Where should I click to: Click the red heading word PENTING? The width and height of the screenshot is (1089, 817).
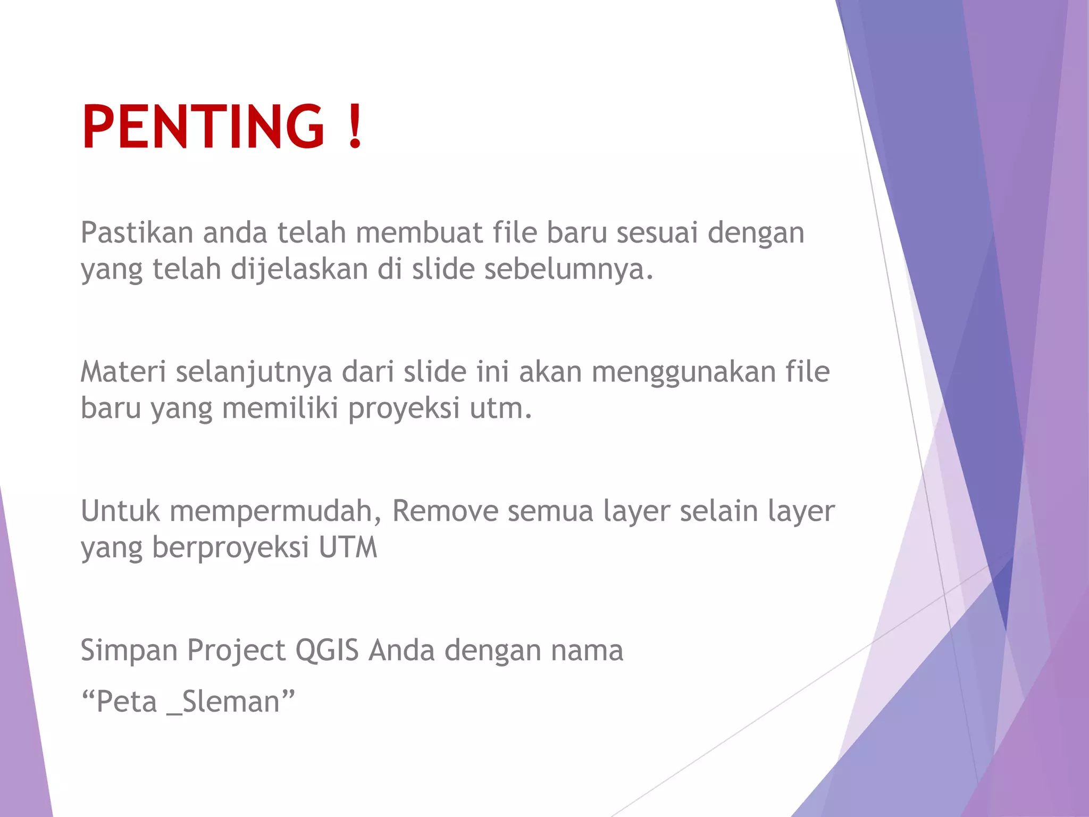[x=203, y=126]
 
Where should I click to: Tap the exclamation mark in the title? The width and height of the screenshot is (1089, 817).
[x=355, y=126]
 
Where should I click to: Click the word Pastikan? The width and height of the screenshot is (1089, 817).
[x=137, y=233]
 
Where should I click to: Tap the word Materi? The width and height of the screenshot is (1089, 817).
[x=123, y=372]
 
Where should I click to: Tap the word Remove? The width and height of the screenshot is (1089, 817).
[x=445, y=511]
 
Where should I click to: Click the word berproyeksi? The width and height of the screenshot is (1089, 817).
[x=230, y=548]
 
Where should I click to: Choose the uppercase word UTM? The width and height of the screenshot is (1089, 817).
[x=348, y=548]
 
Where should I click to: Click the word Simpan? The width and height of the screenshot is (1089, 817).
[x=130, y=651]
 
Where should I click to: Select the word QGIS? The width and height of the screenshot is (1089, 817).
[x=327, y=651]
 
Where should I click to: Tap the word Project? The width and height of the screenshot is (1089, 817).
[x=236, y=651]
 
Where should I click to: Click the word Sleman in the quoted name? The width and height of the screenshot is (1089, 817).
[x=230, y=702]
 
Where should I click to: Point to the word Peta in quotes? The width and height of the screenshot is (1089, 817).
[x=127, y=702]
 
